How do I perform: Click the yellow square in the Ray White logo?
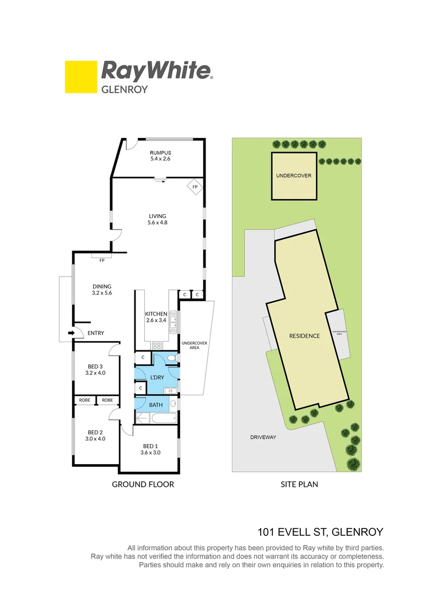pyautogui.click(x=80, y=77)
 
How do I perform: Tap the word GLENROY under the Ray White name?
pyautogui.click(x=125, y=88)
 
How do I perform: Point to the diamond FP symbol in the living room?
pyautogui.click(x=195, y=187)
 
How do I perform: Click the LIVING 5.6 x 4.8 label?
pyautogui.click(x=157, y=219)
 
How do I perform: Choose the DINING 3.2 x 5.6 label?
pyautogui.click(x=102, y=290)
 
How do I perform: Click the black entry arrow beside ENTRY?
pyautogui.click(x=71, y=333)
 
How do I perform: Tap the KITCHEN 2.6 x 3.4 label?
pyautogui.click(x=156, y=317)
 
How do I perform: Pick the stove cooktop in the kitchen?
pyautogui.click(x=156, y=345)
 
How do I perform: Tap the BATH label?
pyautogui.click(x=156, y=405)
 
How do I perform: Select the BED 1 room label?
pyautogui.click(x=150, y=449)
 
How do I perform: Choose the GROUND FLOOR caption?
pyautogui.click(x=143, y=485)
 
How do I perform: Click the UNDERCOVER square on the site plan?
pyautogui.click(x=294, y=176)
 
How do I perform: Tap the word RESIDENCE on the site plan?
pyautogui.click(x=305, y=336)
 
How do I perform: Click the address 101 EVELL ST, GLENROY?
pyautogui.click(x=320, y=532)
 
